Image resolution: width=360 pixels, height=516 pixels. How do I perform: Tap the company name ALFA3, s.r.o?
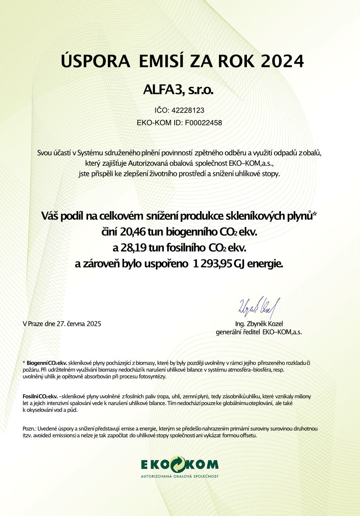pos(180,90)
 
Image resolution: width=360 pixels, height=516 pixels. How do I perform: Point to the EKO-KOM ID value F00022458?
pos(203,123)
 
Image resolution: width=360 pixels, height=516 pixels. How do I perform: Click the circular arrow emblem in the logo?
pos(180,464)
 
